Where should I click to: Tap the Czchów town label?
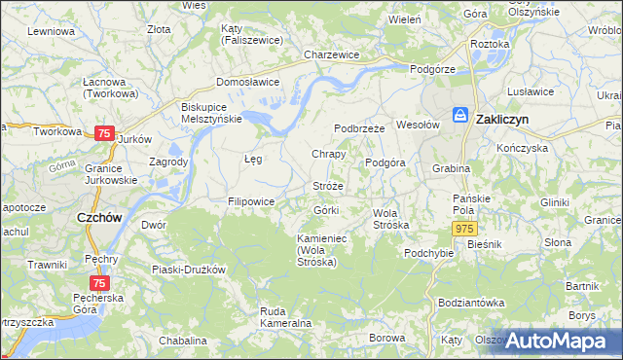click(x=98, y=218)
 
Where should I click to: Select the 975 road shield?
click(x=464, y=227)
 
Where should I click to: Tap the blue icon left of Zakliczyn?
click(x=459, y=115)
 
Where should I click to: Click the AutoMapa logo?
click(x=556, y=341)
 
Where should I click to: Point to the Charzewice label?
click(x=332, y=55)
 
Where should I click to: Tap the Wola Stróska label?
click(x=391, y=218)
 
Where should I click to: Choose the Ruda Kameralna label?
click(x=285, y=316)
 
